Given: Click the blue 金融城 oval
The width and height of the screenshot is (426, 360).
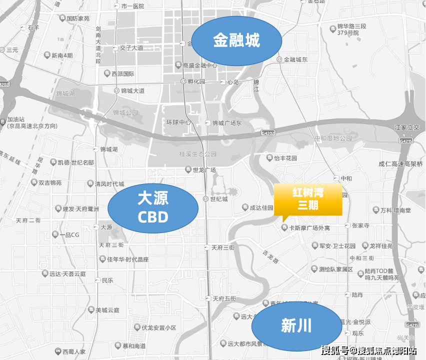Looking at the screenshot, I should click(236, 41).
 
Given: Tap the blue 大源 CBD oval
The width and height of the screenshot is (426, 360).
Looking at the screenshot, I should click(152, 207).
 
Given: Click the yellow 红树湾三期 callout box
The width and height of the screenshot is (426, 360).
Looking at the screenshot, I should click(307, 199).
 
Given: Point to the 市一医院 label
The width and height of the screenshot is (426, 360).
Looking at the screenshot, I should click(132, 6).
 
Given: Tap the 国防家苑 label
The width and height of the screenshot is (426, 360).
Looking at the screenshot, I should click(78, 18).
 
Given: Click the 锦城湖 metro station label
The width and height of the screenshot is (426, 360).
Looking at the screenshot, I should click(108, 149).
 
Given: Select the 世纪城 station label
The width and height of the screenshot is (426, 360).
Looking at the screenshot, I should click(218, 199).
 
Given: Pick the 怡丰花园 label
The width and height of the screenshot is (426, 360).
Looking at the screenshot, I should click(285, 158).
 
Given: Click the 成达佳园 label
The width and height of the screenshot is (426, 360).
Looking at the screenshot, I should click(261, 207).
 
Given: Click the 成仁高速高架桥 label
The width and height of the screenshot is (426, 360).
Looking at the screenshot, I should click(400, 163).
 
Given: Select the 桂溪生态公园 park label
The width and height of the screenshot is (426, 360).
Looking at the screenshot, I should click(198, 153).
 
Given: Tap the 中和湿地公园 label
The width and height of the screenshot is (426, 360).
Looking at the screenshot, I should click(333, 138).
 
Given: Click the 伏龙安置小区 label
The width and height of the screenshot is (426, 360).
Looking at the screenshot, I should click(158, 328).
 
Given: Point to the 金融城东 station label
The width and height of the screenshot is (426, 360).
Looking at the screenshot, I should click(295, 59).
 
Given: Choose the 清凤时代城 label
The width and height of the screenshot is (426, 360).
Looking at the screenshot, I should click(109, 184).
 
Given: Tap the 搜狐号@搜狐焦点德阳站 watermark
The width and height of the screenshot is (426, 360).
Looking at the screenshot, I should click(369, 350).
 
